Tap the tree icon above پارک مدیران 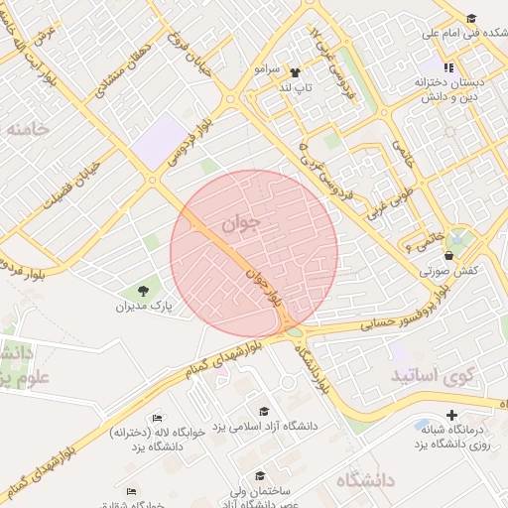click(145, 291)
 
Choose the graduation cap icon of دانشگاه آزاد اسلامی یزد click(264, 411)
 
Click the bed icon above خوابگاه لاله click(157, 420)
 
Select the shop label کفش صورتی click(449, 269)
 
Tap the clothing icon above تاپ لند click(295, 72)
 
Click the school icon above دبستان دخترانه click(450, 67)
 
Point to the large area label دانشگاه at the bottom click(365, 480)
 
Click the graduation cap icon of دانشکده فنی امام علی click(471, 18)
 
